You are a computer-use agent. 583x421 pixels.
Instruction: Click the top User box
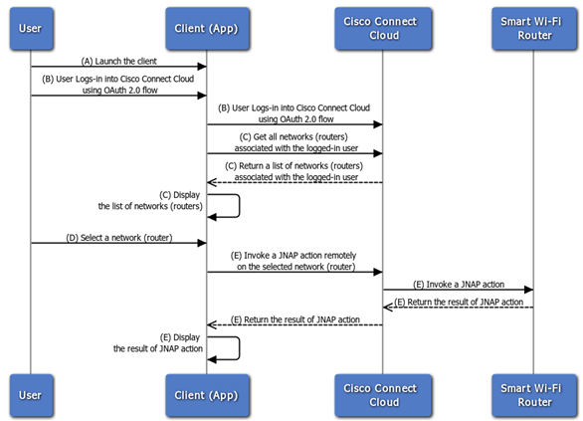coord(31,29)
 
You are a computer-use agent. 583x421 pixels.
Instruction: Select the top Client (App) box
coord(207,29)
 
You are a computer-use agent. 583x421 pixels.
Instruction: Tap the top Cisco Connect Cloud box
coord(383,29)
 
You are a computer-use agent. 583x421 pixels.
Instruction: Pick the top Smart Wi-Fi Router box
coord(534,29)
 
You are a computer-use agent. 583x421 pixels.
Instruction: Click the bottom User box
coord(31,395)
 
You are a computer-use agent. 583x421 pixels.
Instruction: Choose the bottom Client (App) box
coord(207,395)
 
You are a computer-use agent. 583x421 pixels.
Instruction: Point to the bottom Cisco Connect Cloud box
coord(383,395)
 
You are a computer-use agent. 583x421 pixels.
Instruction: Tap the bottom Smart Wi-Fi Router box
coord(534,395)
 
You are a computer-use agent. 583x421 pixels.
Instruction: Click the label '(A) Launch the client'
coord(119,61)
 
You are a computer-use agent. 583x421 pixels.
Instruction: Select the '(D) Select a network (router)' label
coord(119,238)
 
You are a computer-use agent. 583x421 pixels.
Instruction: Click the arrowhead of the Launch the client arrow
coord(202,67)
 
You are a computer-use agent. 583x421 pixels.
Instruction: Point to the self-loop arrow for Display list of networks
coord(240,206)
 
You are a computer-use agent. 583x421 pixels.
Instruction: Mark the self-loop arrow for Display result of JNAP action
coord(240,348)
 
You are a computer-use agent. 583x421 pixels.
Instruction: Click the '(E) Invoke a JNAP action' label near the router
coord(459,285)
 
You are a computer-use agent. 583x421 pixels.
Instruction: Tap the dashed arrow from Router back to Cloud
coord(459,308)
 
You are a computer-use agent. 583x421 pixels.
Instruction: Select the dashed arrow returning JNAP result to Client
coord(294,325)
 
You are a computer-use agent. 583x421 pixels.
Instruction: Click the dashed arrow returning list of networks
coord(294,182)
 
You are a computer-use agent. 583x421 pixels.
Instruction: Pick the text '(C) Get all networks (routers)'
coord(293,137)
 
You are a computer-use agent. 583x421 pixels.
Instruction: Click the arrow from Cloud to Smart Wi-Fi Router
coord(459,290)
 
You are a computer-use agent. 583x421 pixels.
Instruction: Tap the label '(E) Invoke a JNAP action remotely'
coord(293,256)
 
